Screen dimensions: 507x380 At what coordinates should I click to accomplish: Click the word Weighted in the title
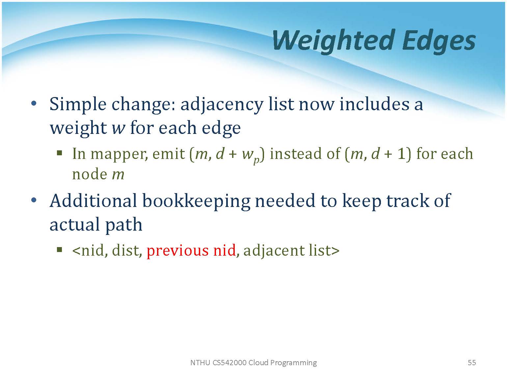click(334, 41)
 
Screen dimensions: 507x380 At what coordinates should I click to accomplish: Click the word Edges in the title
click(439, 41)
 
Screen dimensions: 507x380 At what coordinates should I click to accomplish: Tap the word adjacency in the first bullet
click(222, 105)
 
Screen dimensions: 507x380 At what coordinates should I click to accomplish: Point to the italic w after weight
click(119, 128)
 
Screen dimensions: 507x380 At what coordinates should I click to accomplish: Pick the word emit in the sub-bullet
click(169, 154)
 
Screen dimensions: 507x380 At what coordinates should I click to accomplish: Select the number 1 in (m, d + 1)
click(401, 154)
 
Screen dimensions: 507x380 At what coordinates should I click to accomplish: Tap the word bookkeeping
click(196, 202)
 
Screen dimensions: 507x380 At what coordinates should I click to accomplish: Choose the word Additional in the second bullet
click(93, 201)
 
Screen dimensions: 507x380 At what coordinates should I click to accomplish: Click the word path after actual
click(123, 225)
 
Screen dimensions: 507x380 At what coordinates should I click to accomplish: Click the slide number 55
click(472, 363)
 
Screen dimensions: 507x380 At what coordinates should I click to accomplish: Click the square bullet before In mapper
click(60, 153)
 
